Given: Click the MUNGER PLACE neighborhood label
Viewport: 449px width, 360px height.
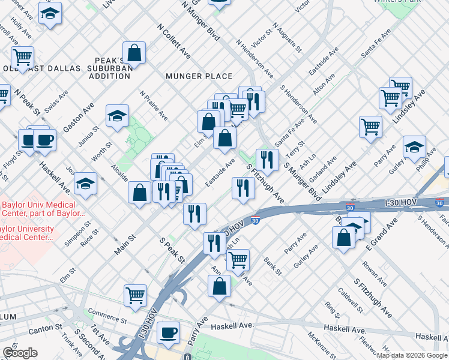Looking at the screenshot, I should pyautogui.click(x=199, y=76).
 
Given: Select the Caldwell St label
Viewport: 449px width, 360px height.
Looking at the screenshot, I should pyautogui.click(x=351, y=300).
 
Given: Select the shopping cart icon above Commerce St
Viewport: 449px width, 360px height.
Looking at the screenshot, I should pyautogui.click(x=135, y=295).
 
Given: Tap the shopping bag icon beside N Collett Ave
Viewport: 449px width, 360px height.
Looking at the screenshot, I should pyautogui.click(x=134, y=53).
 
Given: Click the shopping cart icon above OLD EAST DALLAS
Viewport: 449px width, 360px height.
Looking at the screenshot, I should pyautogui.click(x=22, y=57).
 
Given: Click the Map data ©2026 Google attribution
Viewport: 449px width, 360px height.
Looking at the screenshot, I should pyautogui.click(x=412, y=355).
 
